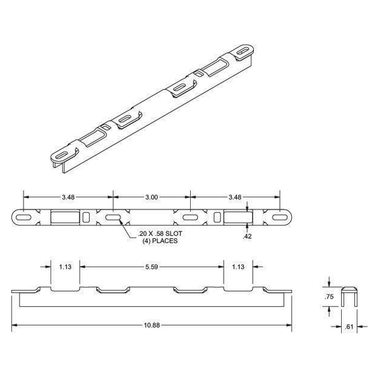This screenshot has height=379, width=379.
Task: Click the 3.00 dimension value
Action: click(x=152, y=197)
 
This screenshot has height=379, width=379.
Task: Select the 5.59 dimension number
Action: click(x=152, y=268)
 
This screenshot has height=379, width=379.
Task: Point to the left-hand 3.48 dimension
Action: click(x=66, y=197)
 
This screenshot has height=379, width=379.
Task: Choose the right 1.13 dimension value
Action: click(x=239, y=268)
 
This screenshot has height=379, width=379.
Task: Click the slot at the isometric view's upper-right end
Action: click(x=243, y=50)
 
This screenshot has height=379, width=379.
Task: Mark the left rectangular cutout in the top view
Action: click(x=63, y=217)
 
